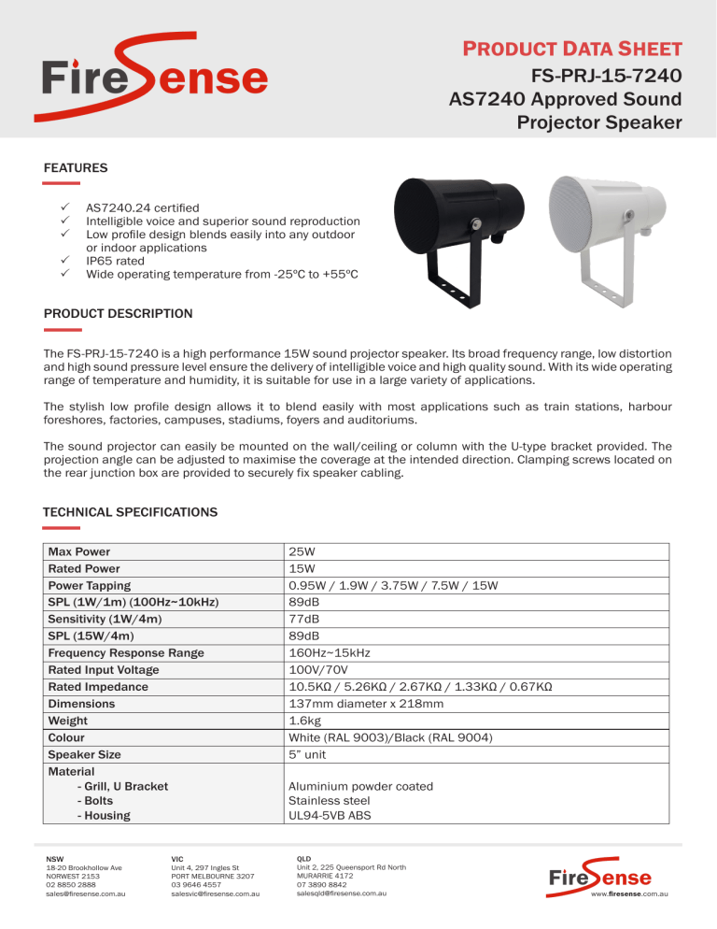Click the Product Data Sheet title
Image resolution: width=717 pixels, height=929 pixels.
coord(573,48)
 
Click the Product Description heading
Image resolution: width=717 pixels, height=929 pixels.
coord(119,313)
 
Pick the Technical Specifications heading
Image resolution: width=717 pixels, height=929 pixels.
coord(131,512)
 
